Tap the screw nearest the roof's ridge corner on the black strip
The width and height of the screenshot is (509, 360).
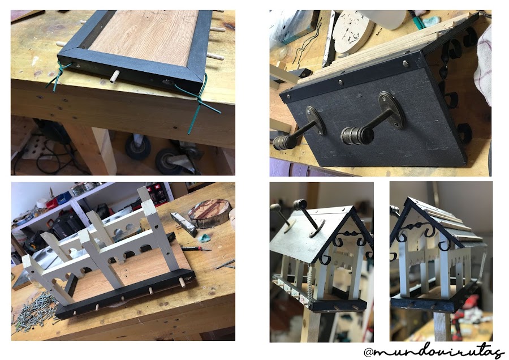[x=406, y=63]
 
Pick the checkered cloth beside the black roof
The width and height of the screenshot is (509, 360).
[x=483, y=65]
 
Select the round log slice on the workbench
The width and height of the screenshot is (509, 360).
[x=209, y=213]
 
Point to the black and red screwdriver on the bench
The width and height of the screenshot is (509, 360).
[x=196, y=248]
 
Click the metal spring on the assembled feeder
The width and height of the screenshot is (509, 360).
[x=310, y=282]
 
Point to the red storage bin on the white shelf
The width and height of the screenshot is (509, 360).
[x=52, y=203]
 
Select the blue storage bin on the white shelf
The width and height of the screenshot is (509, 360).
[x=64, y=197]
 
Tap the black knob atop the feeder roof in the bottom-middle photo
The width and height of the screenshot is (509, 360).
[x=300, y=204]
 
